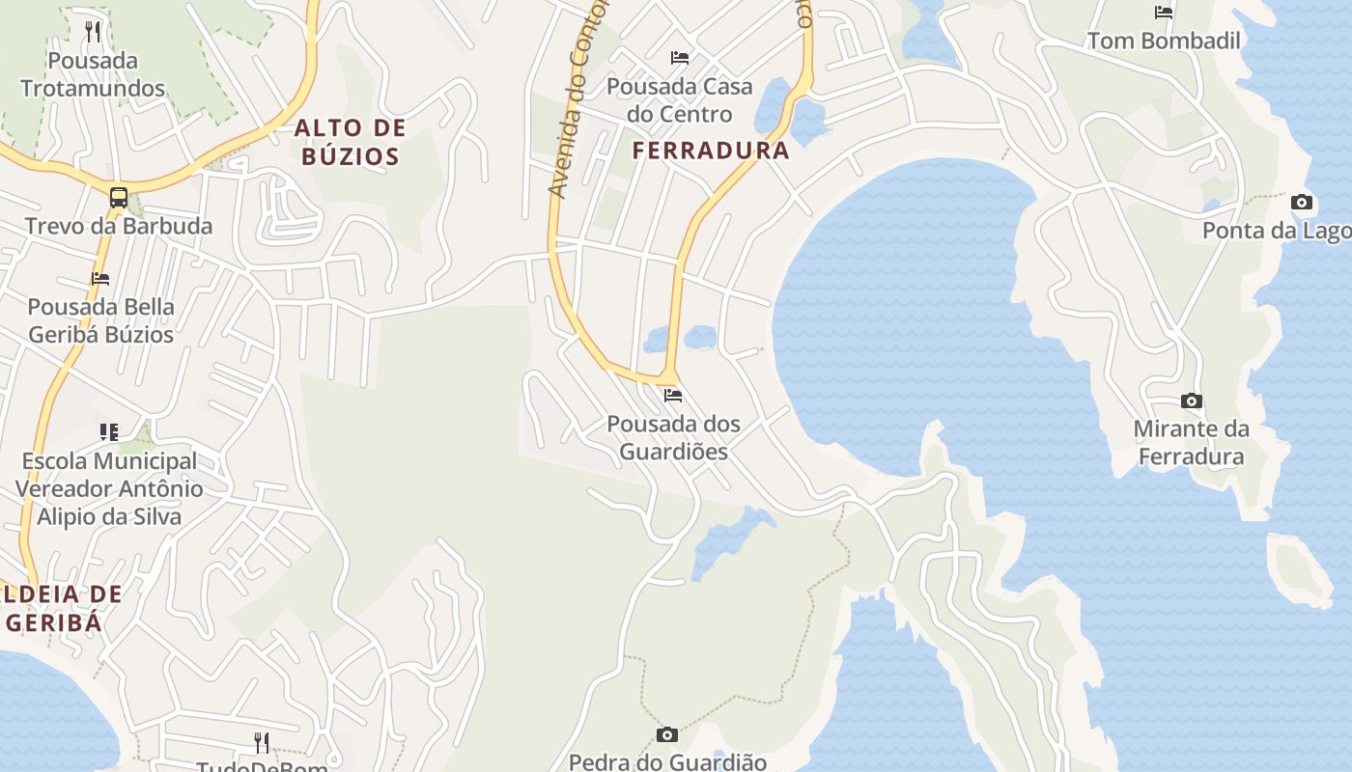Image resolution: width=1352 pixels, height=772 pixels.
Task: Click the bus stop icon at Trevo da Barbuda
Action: tap(119, 198)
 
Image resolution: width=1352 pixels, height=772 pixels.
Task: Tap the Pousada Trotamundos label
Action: tap(93, 74)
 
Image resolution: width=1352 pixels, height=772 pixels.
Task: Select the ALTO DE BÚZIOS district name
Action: tap(351, 142)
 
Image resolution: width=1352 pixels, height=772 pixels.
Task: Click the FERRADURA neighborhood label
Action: tap(711, 151)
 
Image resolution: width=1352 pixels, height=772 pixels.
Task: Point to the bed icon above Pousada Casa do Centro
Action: tap(680, 58)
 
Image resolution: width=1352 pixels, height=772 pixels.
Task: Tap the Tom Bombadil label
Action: tap(1164, 41)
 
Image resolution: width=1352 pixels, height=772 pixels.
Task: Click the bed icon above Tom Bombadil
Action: tap(1164, 13)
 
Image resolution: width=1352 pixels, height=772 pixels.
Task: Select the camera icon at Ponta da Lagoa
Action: tap(1302, 203)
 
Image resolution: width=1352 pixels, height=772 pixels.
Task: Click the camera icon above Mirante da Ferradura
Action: tap(1192, 400)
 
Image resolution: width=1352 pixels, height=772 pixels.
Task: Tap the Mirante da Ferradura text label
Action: tap(1191, 442)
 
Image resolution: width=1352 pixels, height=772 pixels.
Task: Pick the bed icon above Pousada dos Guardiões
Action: tap(673, 396)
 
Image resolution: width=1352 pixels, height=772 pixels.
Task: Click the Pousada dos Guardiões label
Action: tap(673, 437)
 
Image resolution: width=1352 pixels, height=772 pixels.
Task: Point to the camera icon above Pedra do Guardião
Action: tap(666, 735)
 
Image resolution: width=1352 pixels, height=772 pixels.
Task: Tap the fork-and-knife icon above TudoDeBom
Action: tap(261, 742)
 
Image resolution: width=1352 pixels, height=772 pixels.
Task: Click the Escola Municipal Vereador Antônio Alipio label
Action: tap(109, 488)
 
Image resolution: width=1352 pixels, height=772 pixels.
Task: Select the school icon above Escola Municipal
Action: tap(109, 431)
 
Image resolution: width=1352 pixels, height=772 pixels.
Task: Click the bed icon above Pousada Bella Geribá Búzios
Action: tap(100, 279)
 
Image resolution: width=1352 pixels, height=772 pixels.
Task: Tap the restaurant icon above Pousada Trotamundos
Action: tap(93, 32)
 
